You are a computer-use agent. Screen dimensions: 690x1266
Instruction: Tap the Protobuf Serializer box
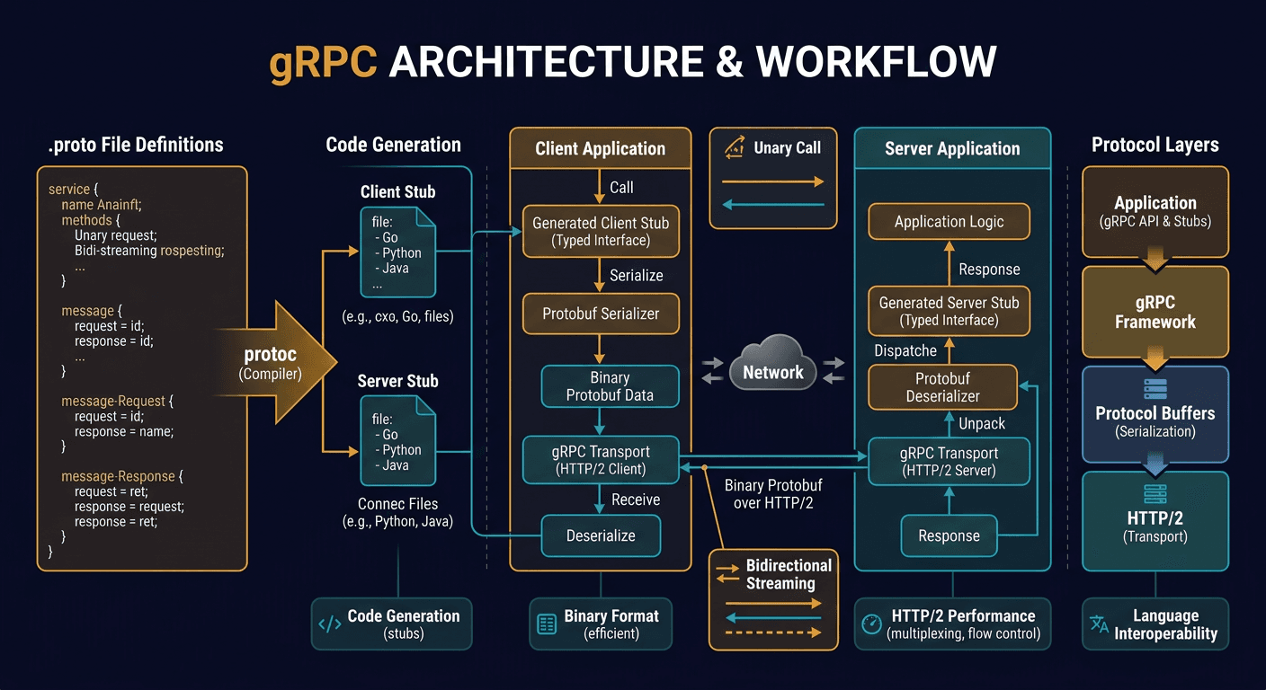[x=601, y=314]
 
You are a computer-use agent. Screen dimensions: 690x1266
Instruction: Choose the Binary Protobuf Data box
[x=609, y=386]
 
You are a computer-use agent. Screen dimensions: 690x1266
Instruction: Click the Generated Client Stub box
[x=600, y=231]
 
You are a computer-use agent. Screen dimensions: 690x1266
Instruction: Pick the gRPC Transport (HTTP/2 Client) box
[x=600, y=460]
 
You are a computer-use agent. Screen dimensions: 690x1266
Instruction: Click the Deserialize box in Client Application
[x=600, y=535]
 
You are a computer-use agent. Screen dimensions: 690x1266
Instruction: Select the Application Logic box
[x=949, y=222]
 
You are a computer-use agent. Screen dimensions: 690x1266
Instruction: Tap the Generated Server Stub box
[x=949, y=311]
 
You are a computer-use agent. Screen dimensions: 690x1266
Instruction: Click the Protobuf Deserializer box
[x=941, y=387]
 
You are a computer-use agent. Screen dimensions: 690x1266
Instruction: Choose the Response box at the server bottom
[x=949, y=535]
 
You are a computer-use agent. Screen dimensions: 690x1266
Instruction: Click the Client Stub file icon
[x=397, y=252]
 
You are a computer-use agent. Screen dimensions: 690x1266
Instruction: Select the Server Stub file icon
[x=397, y=442]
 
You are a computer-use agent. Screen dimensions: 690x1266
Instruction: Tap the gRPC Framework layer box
[x=1155, y=312]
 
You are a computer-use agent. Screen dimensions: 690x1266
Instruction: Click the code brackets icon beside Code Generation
[x=330, y=624]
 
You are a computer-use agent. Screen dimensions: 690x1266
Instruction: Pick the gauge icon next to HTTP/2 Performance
[x=871, y=624]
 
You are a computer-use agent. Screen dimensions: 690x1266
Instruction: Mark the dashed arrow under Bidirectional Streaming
[x=772, y=633]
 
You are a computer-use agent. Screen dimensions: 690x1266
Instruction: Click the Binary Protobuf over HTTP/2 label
[x=772, y=494]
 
